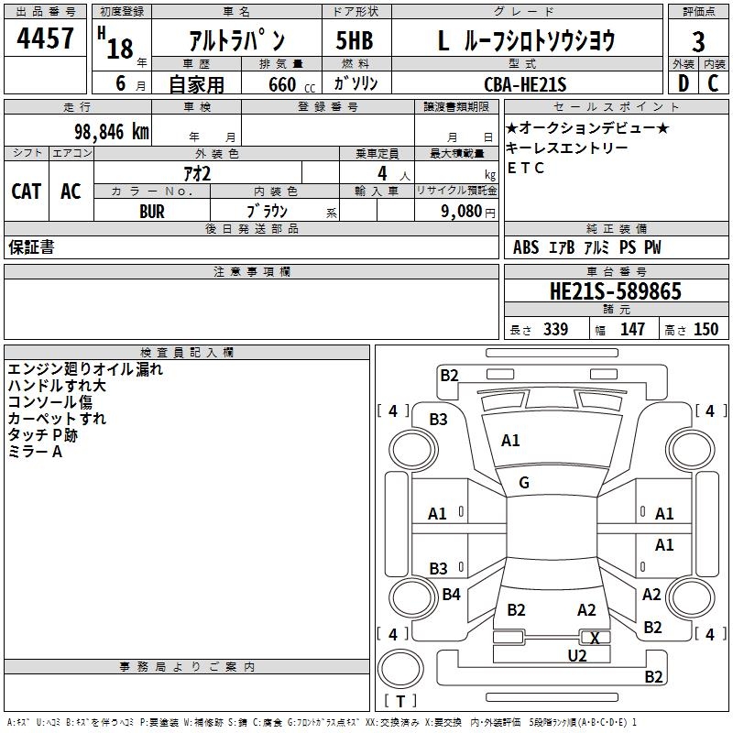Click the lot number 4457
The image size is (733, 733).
click(45, 39)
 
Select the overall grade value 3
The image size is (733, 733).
click(698, 42)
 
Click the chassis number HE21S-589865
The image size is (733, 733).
click(615, 291)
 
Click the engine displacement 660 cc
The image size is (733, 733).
click(277, 85)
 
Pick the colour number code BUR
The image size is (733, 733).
click(152, 211)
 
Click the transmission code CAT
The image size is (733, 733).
click(26, 191)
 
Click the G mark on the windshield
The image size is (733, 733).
click(524, 482)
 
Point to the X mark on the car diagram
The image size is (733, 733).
click(595, 638)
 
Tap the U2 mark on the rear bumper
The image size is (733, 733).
click(576, 655)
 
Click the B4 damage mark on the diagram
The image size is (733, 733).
click(451, 595)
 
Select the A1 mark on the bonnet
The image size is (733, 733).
click(510, 441)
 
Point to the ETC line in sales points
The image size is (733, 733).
click(526, 168)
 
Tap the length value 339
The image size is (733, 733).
click(555, 329)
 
